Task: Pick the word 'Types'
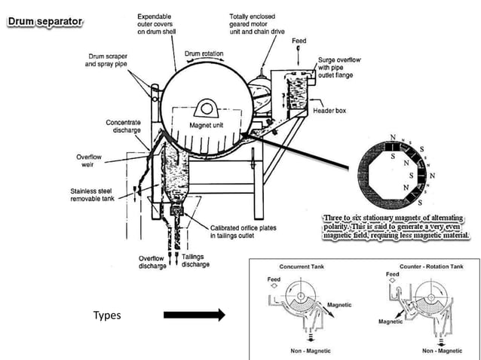tap(107, 315)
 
